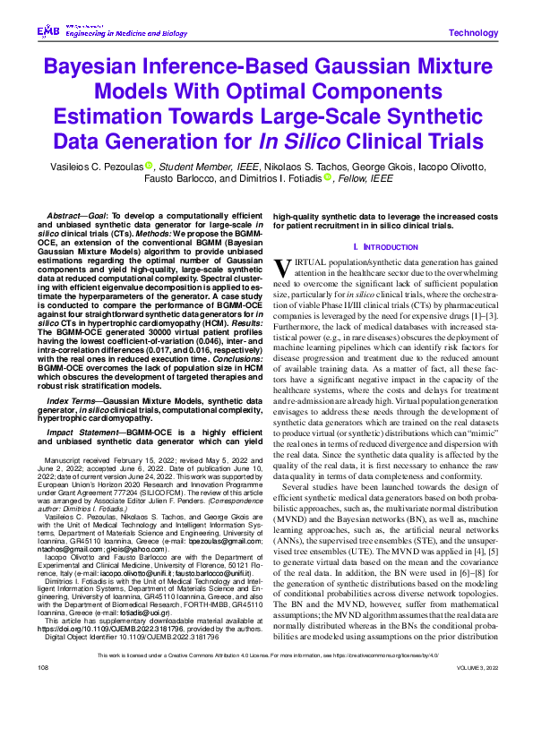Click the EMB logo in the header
(47, 31)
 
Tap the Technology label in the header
(472, 33)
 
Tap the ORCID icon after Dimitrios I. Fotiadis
(329, 177)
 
